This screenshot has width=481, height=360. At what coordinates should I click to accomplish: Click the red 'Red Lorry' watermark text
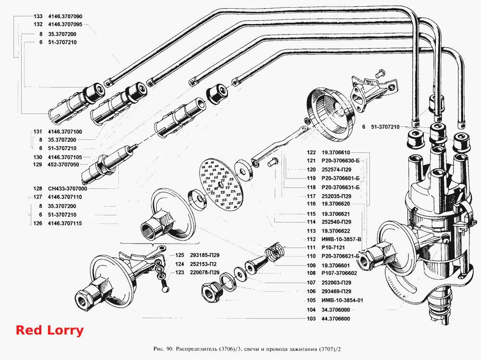50,330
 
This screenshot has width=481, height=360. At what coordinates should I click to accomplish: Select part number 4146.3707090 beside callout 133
65,16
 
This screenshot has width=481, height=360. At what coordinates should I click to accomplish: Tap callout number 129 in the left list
38,165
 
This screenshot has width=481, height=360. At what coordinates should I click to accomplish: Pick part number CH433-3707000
67,188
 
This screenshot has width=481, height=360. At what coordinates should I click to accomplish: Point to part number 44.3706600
336,319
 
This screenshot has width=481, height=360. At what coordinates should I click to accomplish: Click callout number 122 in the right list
311,152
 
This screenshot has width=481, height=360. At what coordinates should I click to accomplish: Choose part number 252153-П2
203,264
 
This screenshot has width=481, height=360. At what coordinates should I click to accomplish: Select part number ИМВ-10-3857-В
341,239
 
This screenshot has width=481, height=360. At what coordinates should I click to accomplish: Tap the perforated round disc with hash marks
220,185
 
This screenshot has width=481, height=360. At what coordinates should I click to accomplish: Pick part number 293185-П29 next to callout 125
204,255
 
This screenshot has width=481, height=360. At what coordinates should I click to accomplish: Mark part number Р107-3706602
339,273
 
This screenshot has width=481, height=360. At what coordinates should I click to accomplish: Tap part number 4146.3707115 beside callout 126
65,223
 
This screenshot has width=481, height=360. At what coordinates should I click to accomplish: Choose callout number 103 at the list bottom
311,319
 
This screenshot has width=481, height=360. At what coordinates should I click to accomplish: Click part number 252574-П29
337,170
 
